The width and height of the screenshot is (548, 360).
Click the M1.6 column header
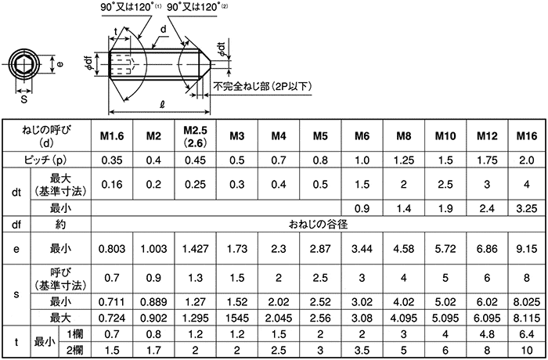112,136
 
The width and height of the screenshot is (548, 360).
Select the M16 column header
527,136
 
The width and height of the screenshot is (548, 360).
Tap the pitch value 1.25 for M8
404,160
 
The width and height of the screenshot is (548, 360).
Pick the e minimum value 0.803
112,249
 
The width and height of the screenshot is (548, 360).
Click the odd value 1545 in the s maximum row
237,318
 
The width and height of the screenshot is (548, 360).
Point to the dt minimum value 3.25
527,208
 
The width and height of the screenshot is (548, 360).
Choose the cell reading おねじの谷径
318,224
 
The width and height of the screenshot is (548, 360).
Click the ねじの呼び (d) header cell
46,135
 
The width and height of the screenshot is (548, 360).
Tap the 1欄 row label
75,334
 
